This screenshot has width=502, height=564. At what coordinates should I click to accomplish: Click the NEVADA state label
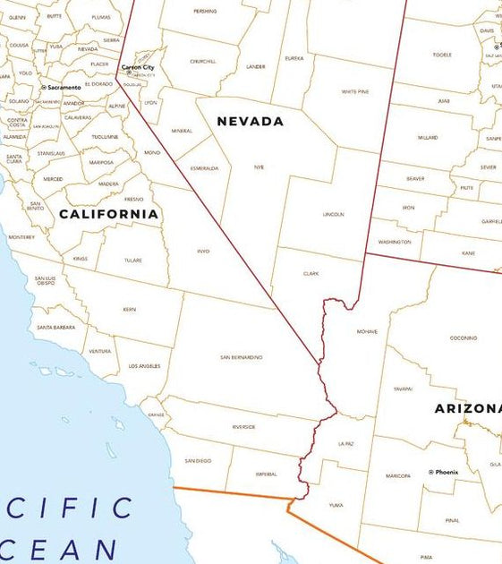251,121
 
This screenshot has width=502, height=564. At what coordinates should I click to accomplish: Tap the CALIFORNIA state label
108,214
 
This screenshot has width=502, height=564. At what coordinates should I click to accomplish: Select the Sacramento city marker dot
43,88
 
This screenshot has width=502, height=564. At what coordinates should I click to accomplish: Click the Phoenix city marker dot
430,472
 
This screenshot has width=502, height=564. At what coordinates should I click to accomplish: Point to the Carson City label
138,67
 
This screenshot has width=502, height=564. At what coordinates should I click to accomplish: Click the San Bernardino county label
242,357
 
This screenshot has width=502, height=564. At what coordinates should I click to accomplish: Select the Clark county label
311,273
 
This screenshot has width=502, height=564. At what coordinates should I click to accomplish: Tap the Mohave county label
367,331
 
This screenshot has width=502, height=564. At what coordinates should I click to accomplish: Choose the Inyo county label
203,252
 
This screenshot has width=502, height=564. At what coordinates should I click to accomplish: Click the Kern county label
130,309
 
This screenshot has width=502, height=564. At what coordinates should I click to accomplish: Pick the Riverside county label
243,427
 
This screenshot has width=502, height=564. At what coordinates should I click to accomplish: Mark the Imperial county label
267,474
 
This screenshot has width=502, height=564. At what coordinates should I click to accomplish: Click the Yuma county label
336,505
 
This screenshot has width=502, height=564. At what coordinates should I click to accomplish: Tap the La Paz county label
346,443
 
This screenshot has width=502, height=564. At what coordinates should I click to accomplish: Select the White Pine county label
355,91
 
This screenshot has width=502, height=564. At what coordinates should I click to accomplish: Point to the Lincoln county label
333,215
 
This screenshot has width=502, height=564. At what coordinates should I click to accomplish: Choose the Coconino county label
464,338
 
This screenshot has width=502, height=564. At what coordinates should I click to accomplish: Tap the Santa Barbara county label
56,328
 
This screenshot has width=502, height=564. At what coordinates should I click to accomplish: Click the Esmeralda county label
203,167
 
